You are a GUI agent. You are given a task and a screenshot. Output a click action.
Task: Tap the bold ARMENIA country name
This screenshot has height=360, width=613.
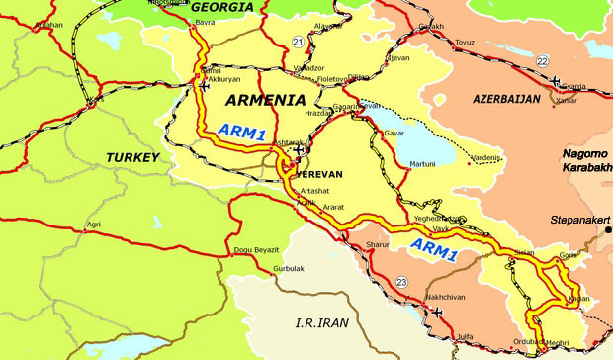click(x=264, y=101)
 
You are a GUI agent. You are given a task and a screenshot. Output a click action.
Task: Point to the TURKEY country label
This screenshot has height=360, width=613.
click(x=133, y=157)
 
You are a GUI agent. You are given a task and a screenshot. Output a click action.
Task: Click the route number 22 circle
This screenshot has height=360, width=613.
click(x=541, y=61)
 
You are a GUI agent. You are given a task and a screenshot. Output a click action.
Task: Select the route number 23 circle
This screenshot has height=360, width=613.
click(x=400, y=283)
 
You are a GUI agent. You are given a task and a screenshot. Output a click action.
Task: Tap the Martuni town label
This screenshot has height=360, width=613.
click(x=423, y=164)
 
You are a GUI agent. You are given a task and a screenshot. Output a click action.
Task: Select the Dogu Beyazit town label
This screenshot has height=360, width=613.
click(x=258, y=250)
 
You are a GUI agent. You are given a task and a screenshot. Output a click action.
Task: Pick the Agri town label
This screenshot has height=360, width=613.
click(x=95, y=225)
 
